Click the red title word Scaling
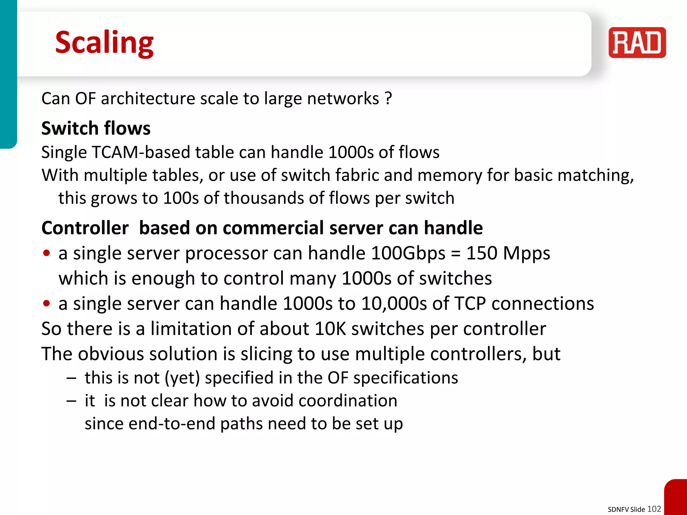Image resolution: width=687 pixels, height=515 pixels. [x=104, y=43]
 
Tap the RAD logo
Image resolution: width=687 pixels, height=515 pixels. [x=637, y=43]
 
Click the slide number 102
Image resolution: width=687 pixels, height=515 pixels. [x=654, y=509]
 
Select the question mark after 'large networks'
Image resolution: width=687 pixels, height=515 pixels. [x=388, y=99]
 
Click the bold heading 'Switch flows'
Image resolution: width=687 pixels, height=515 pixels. [x=96, y=128]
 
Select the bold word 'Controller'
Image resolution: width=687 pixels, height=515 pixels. [x=85, y=228]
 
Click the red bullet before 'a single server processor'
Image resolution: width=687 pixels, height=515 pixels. [x=47, y=253]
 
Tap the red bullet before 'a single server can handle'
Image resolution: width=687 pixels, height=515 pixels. [x=47, y=303]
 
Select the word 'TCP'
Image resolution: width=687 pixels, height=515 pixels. [x=467, y=303]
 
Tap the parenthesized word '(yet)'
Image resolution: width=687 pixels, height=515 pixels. [x=182, y=378]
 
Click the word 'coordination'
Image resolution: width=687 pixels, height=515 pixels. [x=348, y=401]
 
